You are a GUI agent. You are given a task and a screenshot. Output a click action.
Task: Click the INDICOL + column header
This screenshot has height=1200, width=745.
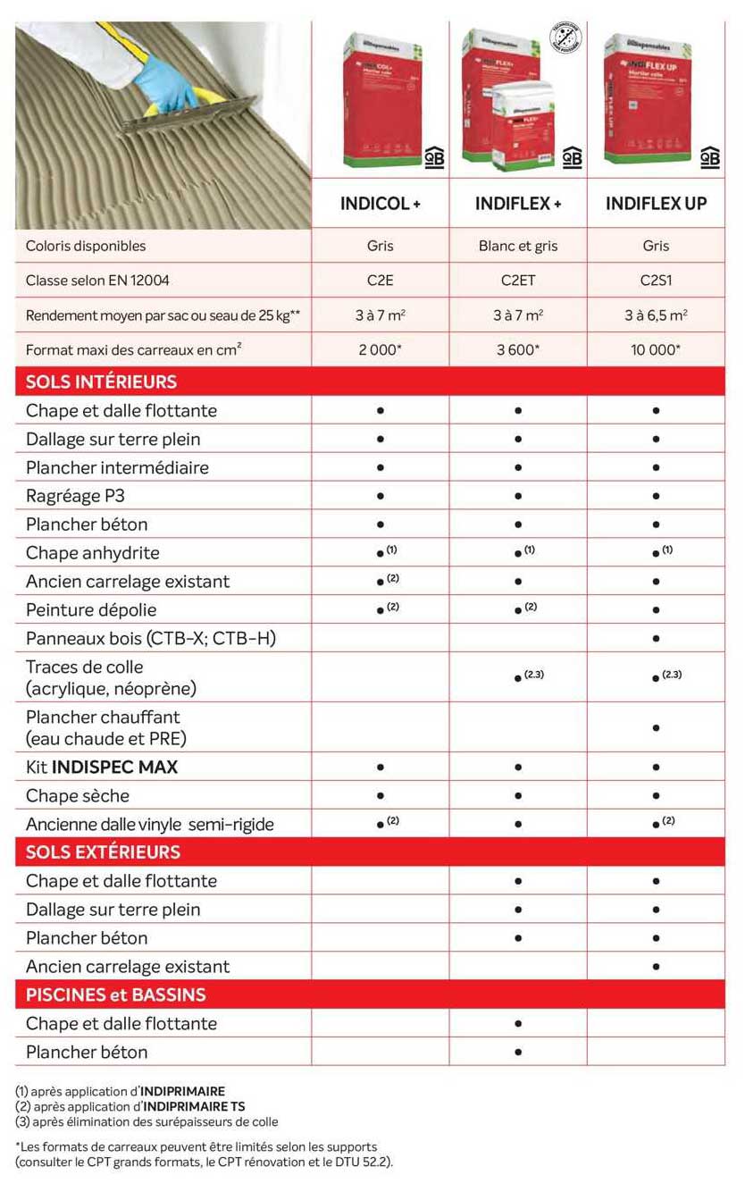click(380, 204)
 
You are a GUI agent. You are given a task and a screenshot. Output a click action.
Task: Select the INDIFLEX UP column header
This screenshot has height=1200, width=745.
click(656, 204)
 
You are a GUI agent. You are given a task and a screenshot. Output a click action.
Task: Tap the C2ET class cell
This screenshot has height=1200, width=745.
click(518, 281)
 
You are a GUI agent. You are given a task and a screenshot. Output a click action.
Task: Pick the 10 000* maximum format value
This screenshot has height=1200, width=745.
click(656, 349)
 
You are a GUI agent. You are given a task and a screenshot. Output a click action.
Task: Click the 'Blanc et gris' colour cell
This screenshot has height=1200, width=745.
click(518, 246)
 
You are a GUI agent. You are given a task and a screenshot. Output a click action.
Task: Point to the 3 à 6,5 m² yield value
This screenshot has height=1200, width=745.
click(656, 315)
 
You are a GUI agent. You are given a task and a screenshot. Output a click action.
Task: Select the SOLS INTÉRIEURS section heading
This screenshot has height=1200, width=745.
click(101, 382)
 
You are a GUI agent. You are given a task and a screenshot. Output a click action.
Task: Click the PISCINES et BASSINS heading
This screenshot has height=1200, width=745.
click(115, 994)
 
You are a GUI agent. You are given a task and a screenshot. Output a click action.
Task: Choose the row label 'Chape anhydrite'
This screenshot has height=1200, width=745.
click(93, 553)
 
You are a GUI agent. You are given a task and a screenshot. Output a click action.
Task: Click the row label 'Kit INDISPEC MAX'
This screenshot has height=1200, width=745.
click(102, 767)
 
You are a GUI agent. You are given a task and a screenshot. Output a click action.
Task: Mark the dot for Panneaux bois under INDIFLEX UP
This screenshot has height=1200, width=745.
click(657, 639)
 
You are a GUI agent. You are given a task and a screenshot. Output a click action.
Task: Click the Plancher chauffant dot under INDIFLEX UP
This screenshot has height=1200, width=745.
click(657, 728)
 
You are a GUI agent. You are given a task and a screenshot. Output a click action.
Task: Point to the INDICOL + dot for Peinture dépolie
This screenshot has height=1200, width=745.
click(381, 610)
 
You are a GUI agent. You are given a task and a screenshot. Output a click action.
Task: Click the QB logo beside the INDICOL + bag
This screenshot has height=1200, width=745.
click(434, 156)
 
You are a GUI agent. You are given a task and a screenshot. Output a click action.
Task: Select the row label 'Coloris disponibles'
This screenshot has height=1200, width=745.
click(86, 246)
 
